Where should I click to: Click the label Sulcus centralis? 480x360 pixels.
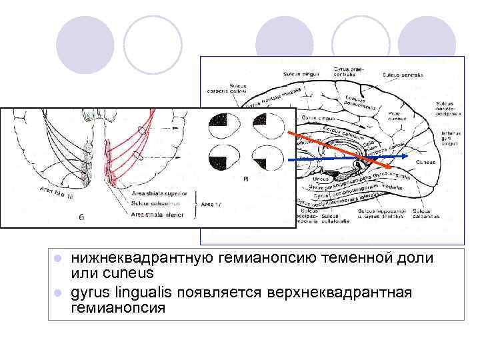click(x=403, y=75)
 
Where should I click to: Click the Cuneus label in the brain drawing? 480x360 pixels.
click(x=426, y=162)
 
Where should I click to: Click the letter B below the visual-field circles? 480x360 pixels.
click(x=246, y=179)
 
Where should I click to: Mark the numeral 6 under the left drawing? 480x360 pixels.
click(x=81, y=217)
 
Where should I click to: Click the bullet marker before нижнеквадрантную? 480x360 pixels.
click(x=58, y=258)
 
